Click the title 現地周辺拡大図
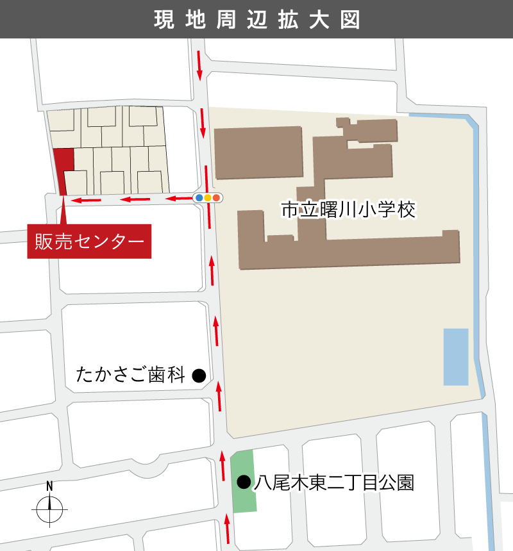pyautogui.click(x=256, y=19)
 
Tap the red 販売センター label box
pyautogui.click(x=89, y=241)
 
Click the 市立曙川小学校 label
pyautogui.click(x=349, y=210)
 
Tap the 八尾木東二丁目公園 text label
pyautogui.click(x=333, y=482)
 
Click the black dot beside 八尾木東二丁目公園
pyautogui.click(x=244, y=482)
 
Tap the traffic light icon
pyautogui.click(x=208, y=198)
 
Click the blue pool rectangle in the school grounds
pyautogui.click(x=456, y=356)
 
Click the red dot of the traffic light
pyautogui.click(x=217, y=198)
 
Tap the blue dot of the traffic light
pyautogui.click(x=199, y=198)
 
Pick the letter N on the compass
pyautogui.click(x=49, y=486)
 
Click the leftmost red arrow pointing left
pyautogui.click(x=87, y=201)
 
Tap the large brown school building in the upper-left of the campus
pyautogui.click(x=258, y=152)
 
